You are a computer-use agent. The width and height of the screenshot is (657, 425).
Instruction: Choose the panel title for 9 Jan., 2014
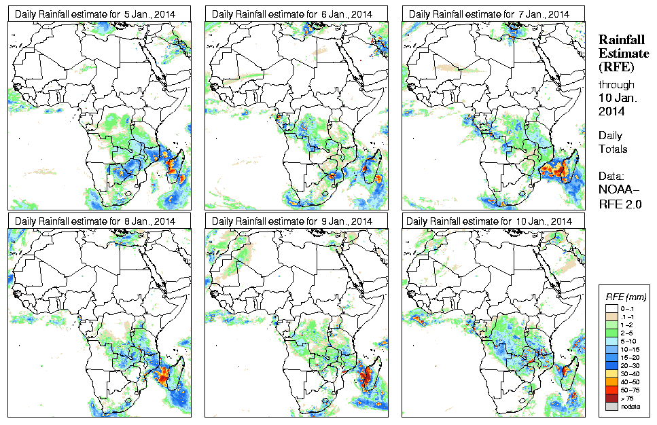(x=292, y=221)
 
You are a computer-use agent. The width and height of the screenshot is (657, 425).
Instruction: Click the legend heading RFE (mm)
(x=626, y=297)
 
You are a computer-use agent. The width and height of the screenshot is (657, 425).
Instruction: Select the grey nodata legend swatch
(x=611, y=405)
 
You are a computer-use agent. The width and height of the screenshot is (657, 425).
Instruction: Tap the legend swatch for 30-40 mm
(x=611, y=373)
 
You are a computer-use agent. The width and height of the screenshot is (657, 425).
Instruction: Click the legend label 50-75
(x=633, y=389)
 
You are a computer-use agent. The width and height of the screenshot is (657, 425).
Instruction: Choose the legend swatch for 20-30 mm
(x=611, y=365)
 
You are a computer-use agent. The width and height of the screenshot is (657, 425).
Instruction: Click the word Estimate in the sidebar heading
(x=620, y=54)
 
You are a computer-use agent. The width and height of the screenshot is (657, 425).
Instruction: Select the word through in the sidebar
(x=616, y=85)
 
